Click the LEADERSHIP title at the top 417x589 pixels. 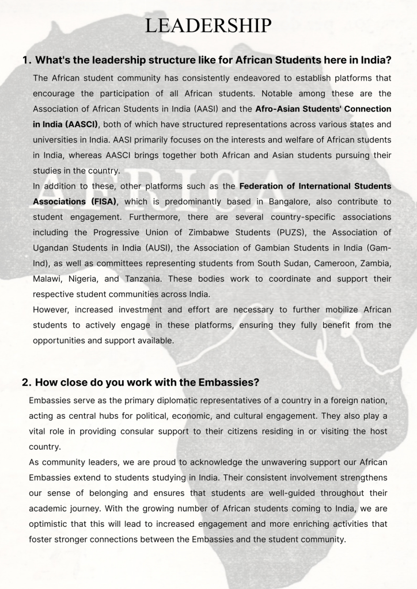click(x=208, y=26)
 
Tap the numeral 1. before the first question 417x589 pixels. click(x=26, y=60)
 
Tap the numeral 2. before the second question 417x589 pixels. click(x=26, y=383)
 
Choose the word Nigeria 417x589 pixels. click(x=88, y=279)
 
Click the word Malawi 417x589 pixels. click(x=48, y=279)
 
